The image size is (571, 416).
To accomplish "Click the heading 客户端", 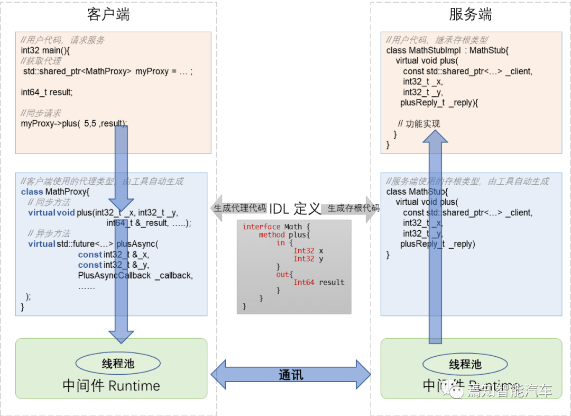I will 108,15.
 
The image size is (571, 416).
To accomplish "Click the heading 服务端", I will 470,15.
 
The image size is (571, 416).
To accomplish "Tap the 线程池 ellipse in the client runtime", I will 118,363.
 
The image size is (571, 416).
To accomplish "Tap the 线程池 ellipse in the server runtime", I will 465,364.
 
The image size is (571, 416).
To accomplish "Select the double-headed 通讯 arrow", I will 291,375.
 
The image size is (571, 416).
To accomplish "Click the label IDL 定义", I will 295,209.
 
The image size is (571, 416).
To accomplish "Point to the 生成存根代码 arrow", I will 352,208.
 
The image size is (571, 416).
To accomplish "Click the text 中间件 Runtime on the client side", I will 111,385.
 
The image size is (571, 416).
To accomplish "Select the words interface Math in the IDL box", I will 272,227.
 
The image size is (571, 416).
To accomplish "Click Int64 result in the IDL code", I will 319,282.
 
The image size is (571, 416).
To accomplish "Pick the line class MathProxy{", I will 56,192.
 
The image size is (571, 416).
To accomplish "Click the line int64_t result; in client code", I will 47,92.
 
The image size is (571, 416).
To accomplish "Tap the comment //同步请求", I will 41,113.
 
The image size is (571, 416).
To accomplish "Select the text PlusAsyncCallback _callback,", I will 135,275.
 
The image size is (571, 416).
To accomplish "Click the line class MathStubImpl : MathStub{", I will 447,50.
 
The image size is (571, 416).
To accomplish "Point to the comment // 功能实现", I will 419,124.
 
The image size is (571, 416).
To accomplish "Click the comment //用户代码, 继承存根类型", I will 437,40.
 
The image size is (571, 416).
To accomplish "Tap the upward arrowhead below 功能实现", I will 435,136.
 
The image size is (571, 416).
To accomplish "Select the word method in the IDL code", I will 272,234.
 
